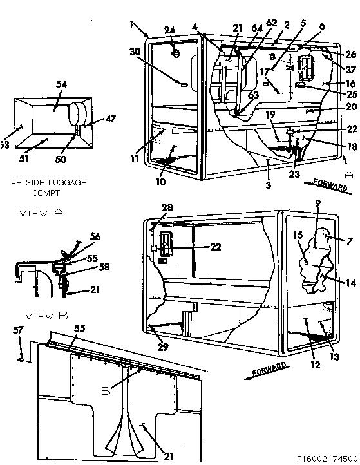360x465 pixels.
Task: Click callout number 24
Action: tap(169, 30)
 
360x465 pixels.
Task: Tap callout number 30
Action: tap(135, 52)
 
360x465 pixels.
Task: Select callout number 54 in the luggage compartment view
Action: tap(61, 84)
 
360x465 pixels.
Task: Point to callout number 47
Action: tap(110, 119)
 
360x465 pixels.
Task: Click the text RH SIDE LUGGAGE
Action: tap(48, 182)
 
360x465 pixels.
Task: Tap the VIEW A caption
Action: tap(41, 213)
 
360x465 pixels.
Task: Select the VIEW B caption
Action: tap(46, 316)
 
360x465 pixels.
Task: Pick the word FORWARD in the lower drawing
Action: tap(269, 369)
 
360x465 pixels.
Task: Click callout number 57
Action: tap(18, 330)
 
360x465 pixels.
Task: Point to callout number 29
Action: tap(162, 347)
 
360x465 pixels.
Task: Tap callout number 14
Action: tap(351, 283)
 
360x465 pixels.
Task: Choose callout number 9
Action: tap(317, 204)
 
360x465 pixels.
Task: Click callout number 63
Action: tap(253, 95)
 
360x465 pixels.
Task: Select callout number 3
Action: tap(268, 185)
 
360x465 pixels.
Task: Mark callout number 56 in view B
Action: tap(95, 236)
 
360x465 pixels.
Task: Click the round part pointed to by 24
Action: tap(176, 53)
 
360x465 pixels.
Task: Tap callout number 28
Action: tap(167, 207)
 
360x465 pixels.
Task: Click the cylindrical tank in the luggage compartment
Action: tap(78, 114)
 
